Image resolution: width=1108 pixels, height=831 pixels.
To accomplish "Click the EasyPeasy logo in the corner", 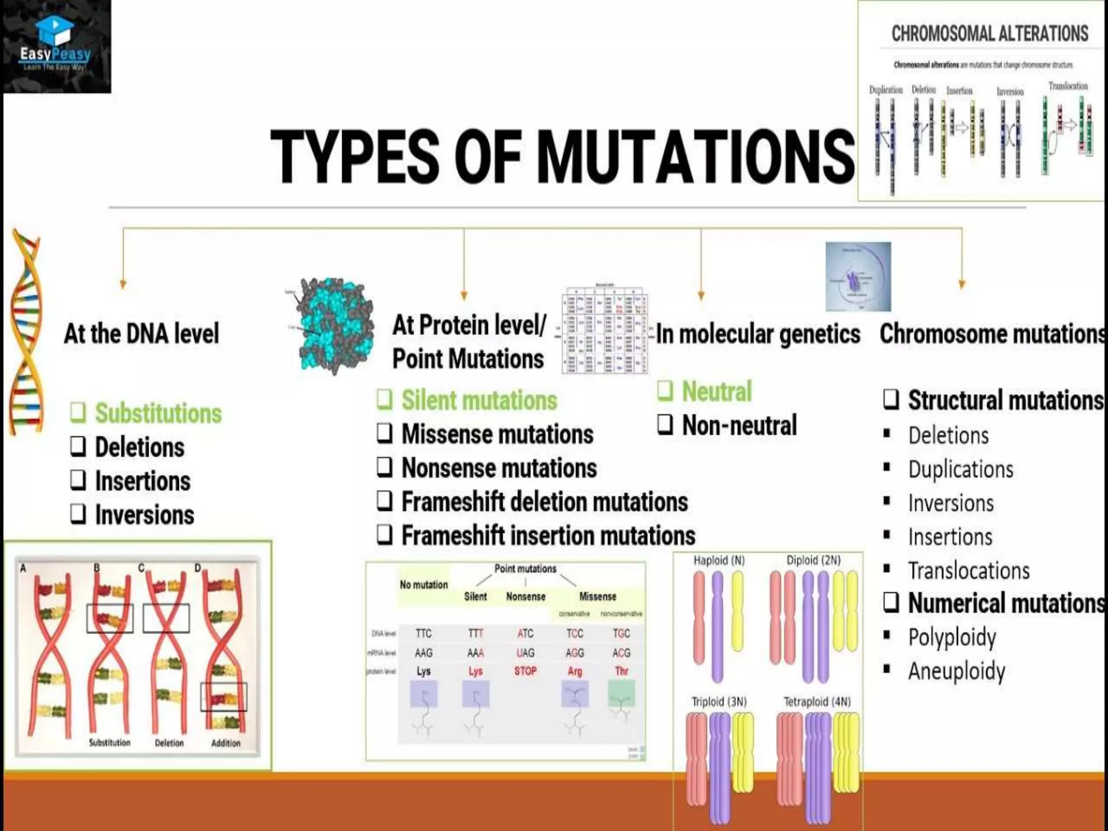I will tap(56, 47).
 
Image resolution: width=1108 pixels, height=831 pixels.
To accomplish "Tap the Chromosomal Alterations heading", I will tap(990, 34).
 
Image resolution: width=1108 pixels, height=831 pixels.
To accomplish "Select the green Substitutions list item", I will tap(158, 413).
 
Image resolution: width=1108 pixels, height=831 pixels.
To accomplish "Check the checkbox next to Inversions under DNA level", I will tap(78, 514).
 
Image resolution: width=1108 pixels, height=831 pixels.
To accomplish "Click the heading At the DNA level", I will tap(141, 333).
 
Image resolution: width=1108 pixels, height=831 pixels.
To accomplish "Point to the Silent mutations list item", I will tap(479, 400).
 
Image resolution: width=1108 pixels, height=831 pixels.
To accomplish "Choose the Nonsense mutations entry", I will tap(499, 468).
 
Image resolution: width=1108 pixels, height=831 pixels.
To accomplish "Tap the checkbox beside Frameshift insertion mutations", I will tap(385, 535).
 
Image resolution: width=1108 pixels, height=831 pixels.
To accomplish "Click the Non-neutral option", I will tap(739, 425).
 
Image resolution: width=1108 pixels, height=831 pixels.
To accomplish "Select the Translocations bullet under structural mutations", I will tap(968, 571).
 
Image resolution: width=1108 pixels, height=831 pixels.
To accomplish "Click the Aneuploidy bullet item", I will tap(957, 671).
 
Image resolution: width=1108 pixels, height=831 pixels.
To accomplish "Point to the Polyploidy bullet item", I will tap(952, 637).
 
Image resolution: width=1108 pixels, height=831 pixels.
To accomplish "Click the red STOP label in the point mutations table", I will tap(525, 671).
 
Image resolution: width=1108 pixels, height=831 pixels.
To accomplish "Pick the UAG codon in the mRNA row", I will tap(525, 653).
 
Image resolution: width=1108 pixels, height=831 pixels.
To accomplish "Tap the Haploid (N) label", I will tap(719, 560).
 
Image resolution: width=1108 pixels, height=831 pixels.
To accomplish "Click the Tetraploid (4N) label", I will tap(817, 702).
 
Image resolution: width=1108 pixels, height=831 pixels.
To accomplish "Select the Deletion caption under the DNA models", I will tap(169, 743).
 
